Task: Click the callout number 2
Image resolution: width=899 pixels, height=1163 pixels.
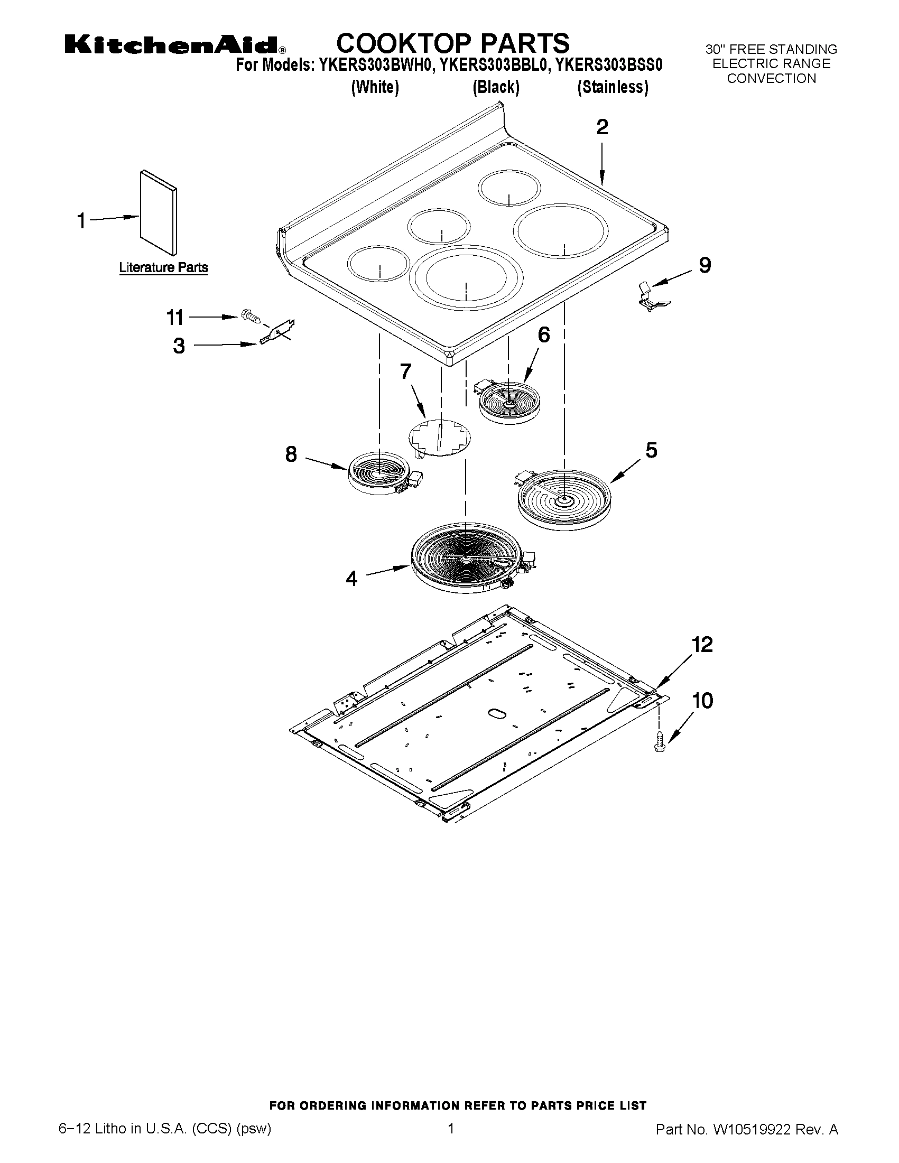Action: tap(602, 127)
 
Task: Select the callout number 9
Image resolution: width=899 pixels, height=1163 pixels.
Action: tap(705, 265)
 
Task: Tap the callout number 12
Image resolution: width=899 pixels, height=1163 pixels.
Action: tap(702, 645)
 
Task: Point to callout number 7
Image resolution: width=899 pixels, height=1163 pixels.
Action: tap(405, 371)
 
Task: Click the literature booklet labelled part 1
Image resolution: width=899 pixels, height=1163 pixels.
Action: tap(159, 213)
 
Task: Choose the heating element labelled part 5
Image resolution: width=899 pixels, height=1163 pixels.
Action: tap(562, 499)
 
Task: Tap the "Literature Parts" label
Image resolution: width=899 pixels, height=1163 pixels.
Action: tap(163, 267)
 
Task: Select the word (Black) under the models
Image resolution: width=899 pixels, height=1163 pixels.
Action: tap(496, 87)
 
